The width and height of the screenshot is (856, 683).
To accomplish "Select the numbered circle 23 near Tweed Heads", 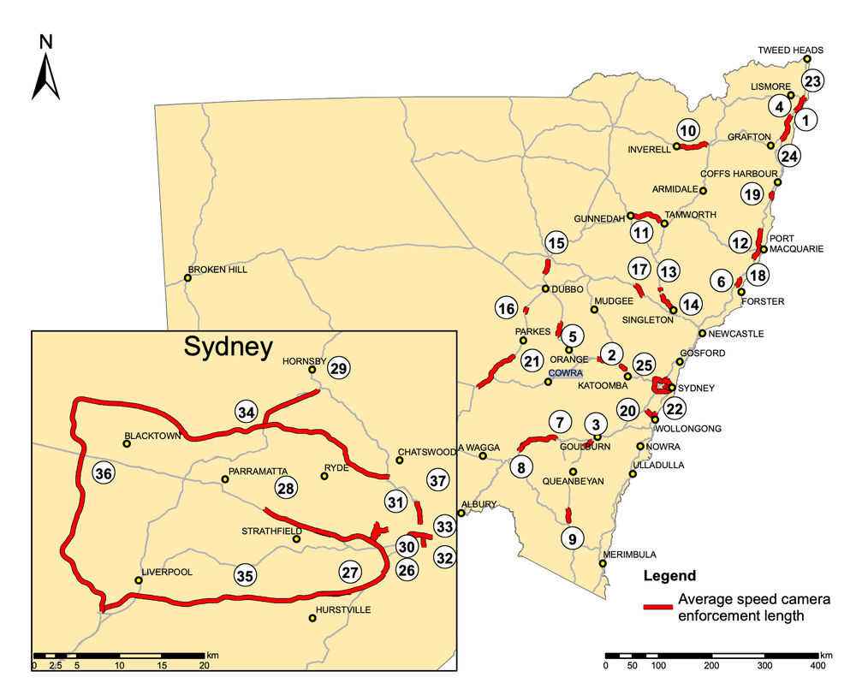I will pos(812,81).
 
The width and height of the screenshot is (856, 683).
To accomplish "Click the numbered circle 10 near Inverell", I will pos(688,131).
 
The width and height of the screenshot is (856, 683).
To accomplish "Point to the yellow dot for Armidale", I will pos(704,190).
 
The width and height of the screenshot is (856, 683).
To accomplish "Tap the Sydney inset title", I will pos(227,347).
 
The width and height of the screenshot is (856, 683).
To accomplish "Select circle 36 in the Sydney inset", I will pos(104,473).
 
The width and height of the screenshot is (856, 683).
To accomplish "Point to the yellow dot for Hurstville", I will pos(312,618).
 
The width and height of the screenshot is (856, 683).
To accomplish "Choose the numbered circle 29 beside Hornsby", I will pos(339,367).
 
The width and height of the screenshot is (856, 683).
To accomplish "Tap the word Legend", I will pos(669,575).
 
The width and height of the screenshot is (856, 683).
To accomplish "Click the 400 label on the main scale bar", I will pos(818,665).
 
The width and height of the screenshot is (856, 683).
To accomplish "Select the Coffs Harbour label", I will pos(753,173).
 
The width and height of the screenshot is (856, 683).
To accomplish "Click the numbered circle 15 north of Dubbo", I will pos(556,244).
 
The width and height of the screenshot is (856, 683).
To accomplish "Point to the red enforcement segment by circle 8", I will pos(537,441).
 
